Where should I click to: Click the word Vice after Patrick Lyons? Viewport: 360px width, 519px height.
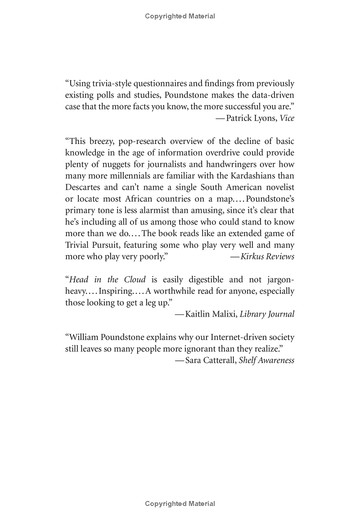pyautogui.click(x=287, y=118)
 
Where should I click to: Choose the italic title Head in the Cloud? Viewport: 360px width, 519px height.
pyautogui.click(x=107, y=279)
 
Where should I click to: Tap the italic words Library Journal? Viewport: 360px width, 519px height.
pyautogui.click(x=267, y=314)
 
